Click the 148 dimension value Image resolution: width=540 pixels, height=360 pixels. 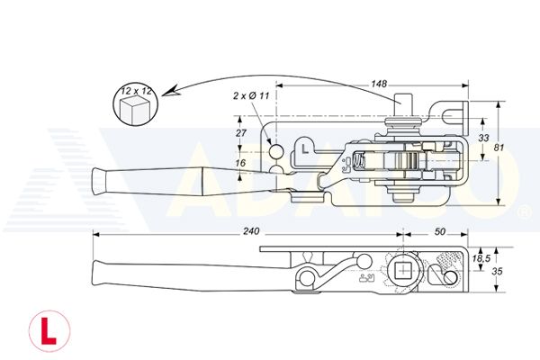click(379, 84)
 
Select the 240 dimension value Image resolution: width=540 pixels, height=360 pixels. click(251, 231)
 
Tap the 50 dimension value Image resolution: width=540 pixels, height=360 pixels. click(440, 232)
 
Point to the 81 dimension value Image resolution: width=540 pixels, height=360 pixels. click(499, 148)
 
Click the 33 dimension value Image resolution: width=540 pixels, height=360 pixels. click(483, 138)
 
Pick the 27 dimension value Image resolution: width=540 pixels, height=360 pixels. click(240, 132)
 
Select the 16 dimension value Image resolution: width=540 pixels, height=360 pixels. click(240, 163)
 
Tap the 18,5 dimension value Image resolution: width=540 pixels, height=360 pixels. click(481, 258)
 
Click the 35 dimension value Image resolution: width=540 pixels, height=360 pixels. click(497, 272)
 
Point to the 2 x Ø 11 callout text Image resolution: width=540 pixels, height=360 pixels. click(251, 95)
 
